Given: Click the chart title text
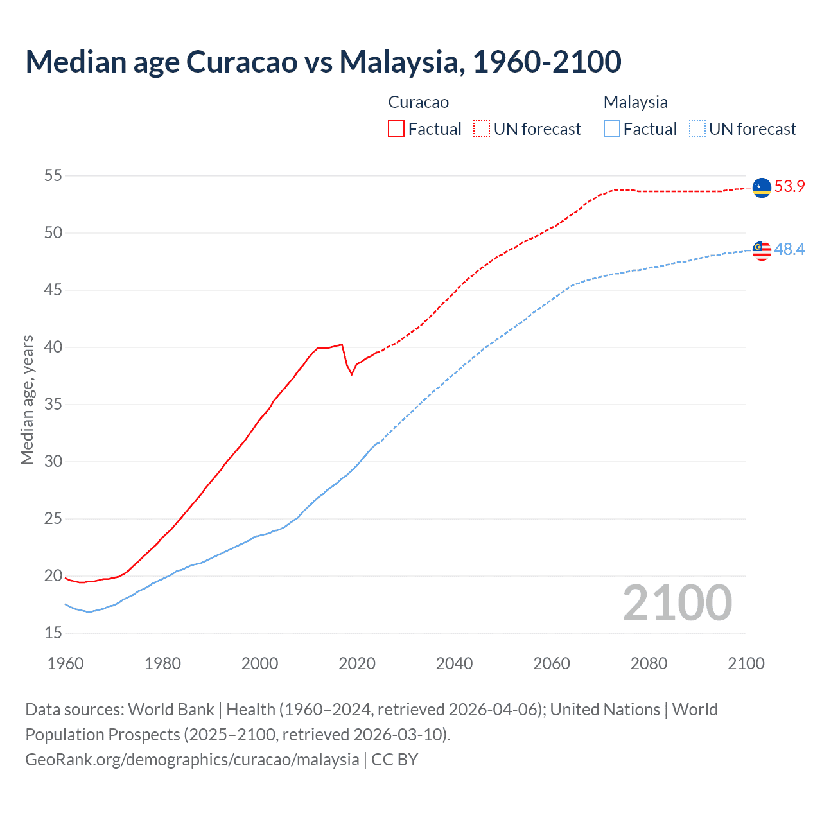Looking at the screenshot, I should [x=323, y=62].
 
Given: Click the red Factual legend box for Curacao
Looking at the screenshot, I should [x=396, y=128].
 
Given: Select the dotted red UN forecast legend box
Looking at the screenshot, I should [x=482, y=128].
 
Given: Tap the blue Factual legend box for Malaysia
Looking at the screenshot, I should [x=612, y=128].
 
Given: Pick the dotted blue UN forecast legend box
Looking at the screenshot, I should [x=697, y=128].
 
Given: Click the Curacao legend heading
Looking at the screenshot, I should [x=418, y=102].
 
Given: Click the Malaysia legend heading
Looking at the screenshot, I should [x=635, y=102].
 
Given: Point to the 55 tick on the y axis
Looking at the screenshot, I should [x=53, y=175].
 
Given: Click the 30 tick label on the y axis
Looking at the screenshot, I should [x=53, y=461].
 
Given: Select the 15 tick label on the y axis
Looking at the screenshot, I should [x=53, y=633].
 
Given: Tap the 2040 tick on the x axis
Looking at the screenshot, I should [x=454, y=663].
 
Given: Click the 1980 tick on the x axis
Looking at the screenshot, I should [x=162, y=663].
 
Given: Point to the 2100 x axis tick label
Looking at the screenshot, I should [x=746, y=663].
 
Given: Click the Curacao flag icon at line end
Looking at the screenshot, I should [x=762, y=188].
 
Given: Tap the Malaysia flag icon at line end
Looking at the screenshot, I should [x=762, y=250].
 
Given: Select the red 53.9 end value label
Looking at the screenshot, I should [x=789, y=187].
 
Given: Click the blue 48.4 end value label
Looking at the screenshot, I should [x=789, y=249].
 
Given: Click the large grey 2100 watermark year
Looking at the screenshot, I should [x=677, y=602].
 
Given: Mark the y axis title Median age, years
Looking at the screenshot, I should [x=27, y=399].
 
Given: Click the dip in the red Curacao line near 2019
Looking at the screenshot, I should [x=351, y=374].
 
